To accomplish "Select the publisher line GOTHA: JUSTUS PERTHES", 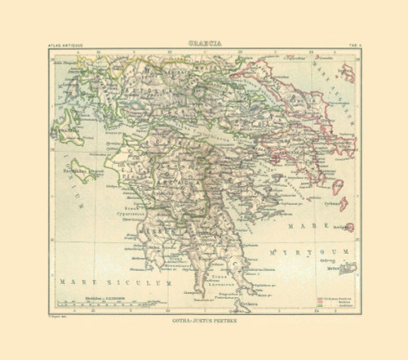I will click(204, 325).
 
